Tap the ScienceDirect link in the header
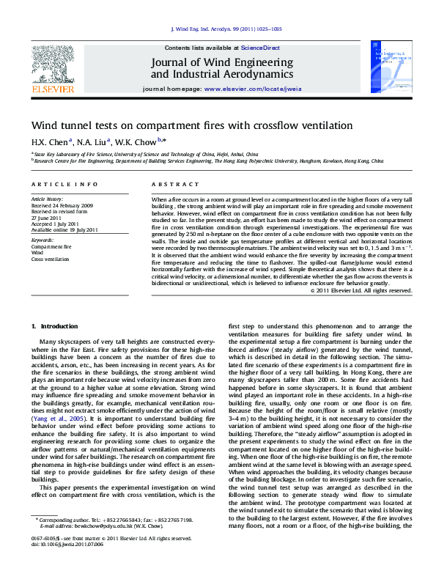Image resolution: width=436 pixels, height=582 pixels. (259, 47)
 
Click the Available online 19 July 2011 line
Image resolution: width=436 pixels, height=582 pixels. (64, 229)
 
